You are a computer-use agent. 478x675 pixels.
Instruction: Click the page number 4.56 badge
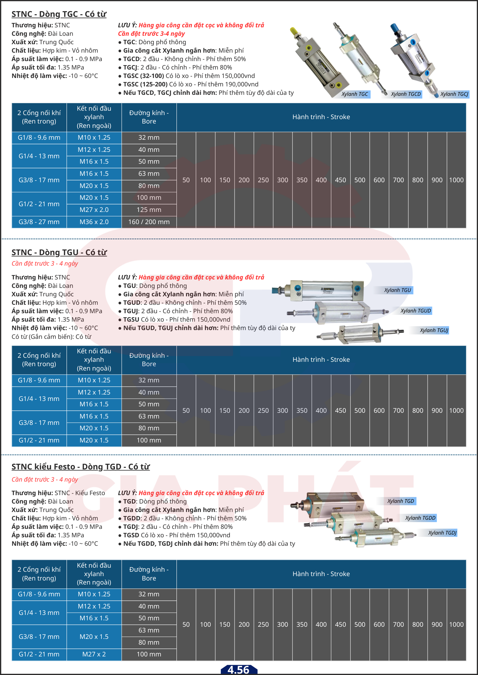[239, 670]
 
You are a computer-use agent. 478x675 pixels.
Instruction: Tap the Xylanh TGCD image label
[406, 94]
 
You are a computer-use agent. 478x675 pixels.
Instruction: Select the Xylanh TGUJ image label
[434, 330]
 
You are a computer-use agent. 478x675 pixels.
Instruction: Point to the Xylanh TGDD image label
[420, 518]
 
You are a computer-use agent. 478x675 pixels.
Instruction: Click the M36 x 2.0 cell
[94, 222]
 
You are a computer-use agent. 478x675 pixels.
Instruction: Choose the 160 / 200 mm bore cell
[149, 222]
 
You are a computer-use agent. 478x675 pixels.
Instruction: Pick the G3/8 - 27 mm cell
[39, 222]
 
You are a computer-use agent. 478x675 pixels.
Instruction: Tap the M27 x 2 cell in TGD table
[94, 654]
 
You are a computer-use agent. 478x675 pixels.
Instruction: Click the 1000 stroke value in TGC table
[456, 180]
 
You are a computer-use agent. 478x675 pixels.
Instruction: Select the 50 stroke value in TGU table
[186, 411]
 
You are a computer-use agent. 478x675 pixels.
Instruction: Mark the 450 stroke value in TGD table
[340, 625]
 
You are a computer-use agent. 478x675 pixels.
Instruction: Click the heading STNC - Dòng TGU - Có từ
[59, 252]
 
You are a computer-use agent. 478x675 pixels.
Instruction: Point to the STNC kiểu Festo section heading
[80, 467]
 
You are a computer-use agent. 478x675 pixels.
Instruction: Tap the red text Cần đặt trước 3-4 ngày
[151, 34]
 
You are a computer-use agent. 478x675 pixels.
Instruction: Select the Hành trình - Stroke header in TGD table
[321, 574]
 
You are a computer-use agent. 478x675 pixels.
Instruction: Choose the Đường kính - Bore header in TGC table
[149, 117]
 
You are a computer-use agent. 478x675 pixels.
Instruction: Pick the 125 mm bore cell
[149, 210]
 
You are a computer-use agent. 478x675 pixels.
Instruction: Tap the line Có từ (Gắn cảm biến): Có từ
[51, 337]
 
